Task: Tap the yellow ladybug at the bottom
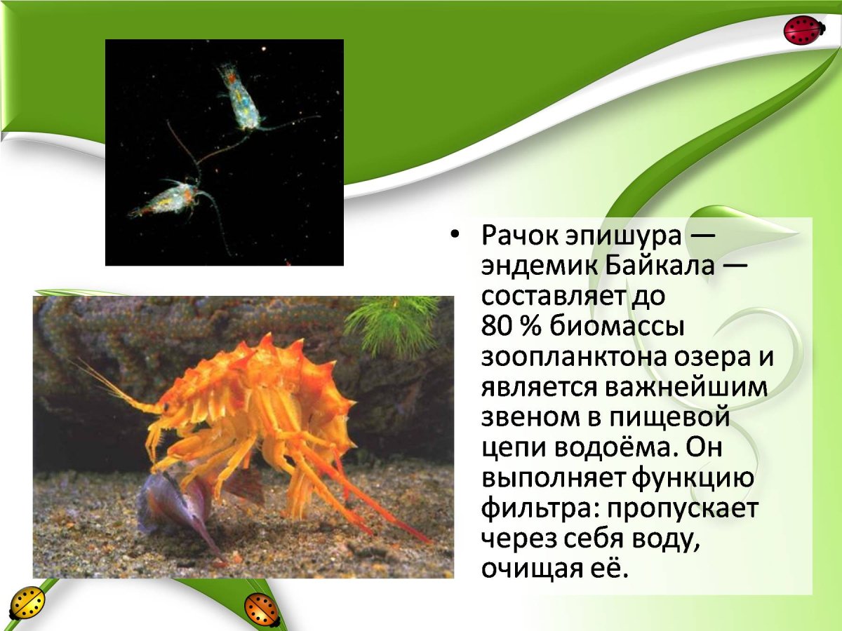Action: tap(27, 602)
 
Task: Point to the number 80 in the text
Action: tap(497, 327)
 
